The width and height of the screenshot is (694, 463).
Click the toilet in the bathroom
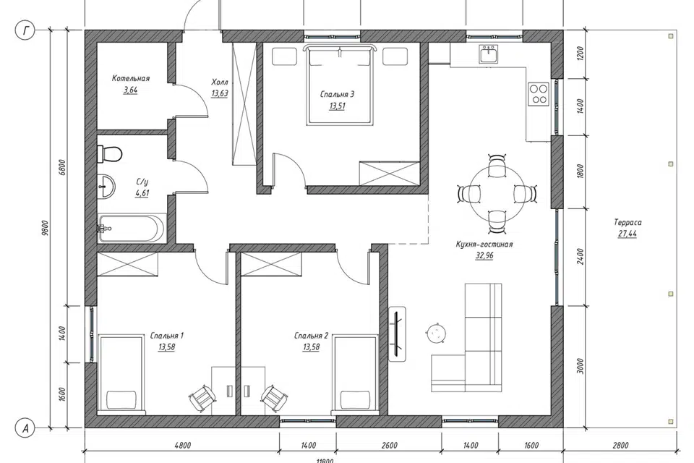tap(109, 154)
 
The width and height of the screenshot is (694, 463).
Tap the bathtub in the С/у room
tap(131, 229)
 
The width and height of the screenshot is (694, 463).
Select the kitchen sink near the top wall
tap(489, 54)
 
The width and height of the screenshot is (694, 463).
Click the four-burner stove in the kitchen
tap(539, 93)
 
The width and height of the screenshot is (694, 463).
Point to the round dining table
tap(497, 193)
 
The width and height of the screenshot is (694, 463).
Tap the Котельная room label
tap(131, 78)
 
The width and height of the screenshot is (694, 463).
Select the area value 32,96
tap(484, 255)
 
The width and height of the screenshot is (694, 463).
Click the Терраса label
tap(627, 222)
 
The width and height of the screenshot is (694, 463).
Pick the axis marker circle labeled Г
tap(25, 30)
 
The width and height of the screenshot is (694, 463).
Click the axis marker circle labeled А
tap(25, 428)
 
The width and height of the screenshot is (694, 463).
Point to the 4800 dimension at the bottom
tap(182, 446)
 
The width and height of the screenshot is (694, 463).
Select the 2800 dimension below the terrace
tap(620, 446)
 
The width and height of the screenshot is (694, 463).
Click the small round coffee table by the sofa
tap(436, 333)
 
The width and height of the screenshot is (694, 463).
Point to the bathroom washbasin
tap(106, 186)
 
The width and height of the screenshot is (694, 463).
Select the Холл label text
tap(219, 82)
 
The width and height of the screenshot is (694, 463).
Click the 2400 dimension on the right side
tap(581, 257)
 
